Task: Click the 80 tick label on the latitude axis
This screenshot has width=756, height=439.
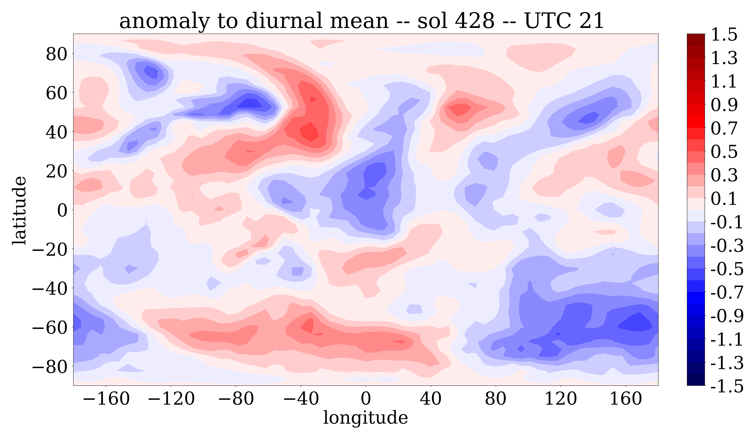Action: (x=56, y=54)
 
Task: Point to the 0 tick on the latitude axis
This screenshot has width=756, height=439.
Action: (x=62, y=210)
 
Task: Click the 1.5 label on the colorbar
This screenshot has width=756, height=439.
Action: (x=724, y=35)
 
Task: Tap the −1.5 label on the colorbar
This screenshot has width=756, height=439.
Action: (x=727, y=386)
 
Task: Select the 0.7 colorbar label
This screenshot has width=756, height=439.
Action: (x=724, y=128)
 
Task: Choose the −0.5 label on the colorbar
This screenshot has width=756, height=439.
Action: (x=727, y=269)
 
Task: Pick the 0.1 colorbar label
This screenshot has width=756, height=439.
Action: (x=724, y=199)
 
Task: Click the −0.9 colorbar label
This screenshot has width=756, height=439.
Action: (x=727, y=316)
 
